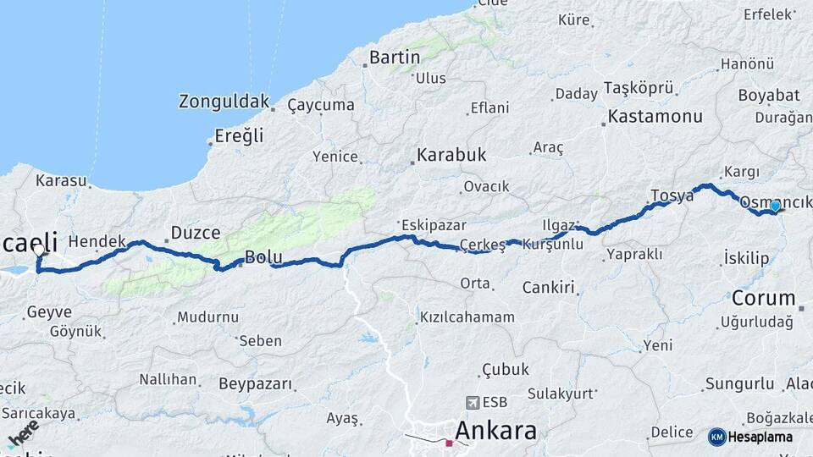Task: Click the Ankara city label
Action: [x=496, y=430]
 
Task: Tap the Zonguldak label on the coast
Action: [x=224, y=102]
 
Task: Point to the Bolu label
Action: [x=262, y=257]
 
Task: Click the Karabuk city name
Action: [x=451, y=155]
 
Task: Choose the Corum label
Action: [x=763, y=298]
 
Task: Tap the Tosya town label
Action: [x=672, y=195]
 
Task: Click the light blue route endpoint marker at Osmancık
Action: [x=775, y=206]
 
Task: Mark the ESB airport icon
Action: [x=471, y=403]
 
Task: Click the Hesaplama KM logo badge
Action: [x=717, y=437]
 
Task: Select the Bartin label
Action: [x=395, y=58]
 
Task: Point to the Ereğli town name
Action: [x=240, y=135]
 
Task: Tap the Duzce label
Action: [x=196, y=232]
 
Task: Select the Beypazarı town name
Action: [x=256, y=384]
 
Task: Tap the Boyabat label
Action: [x=768, y=95]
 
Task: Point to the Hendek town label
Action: [x=97, y=241]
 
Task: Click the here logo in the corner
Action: [x=22, y=433]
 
